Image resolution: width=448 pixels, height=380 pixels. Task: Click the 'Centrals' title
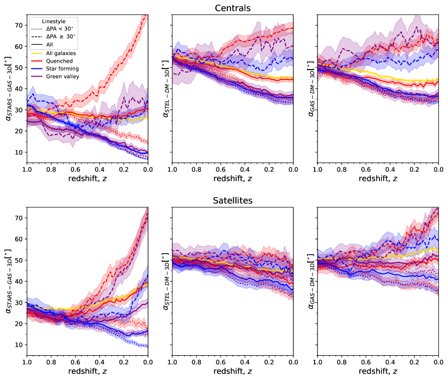click(x=232, y=8)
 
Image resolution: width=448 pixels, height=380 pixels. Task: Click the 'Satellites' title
click(x=232, y=200)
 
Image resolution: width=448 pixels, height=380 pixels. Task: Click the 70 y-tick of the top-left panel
click(x=19, y=25)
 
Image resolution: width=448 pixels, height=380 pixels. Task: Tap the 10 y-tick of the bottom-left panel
click(x=19, y=344)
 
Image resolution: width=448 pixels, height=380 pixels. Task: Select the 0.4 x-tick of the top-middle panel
click(x=244, y=168)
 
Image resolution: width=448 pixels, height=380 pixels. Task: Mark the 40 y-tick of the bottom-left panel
click(x=19, y=281)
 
